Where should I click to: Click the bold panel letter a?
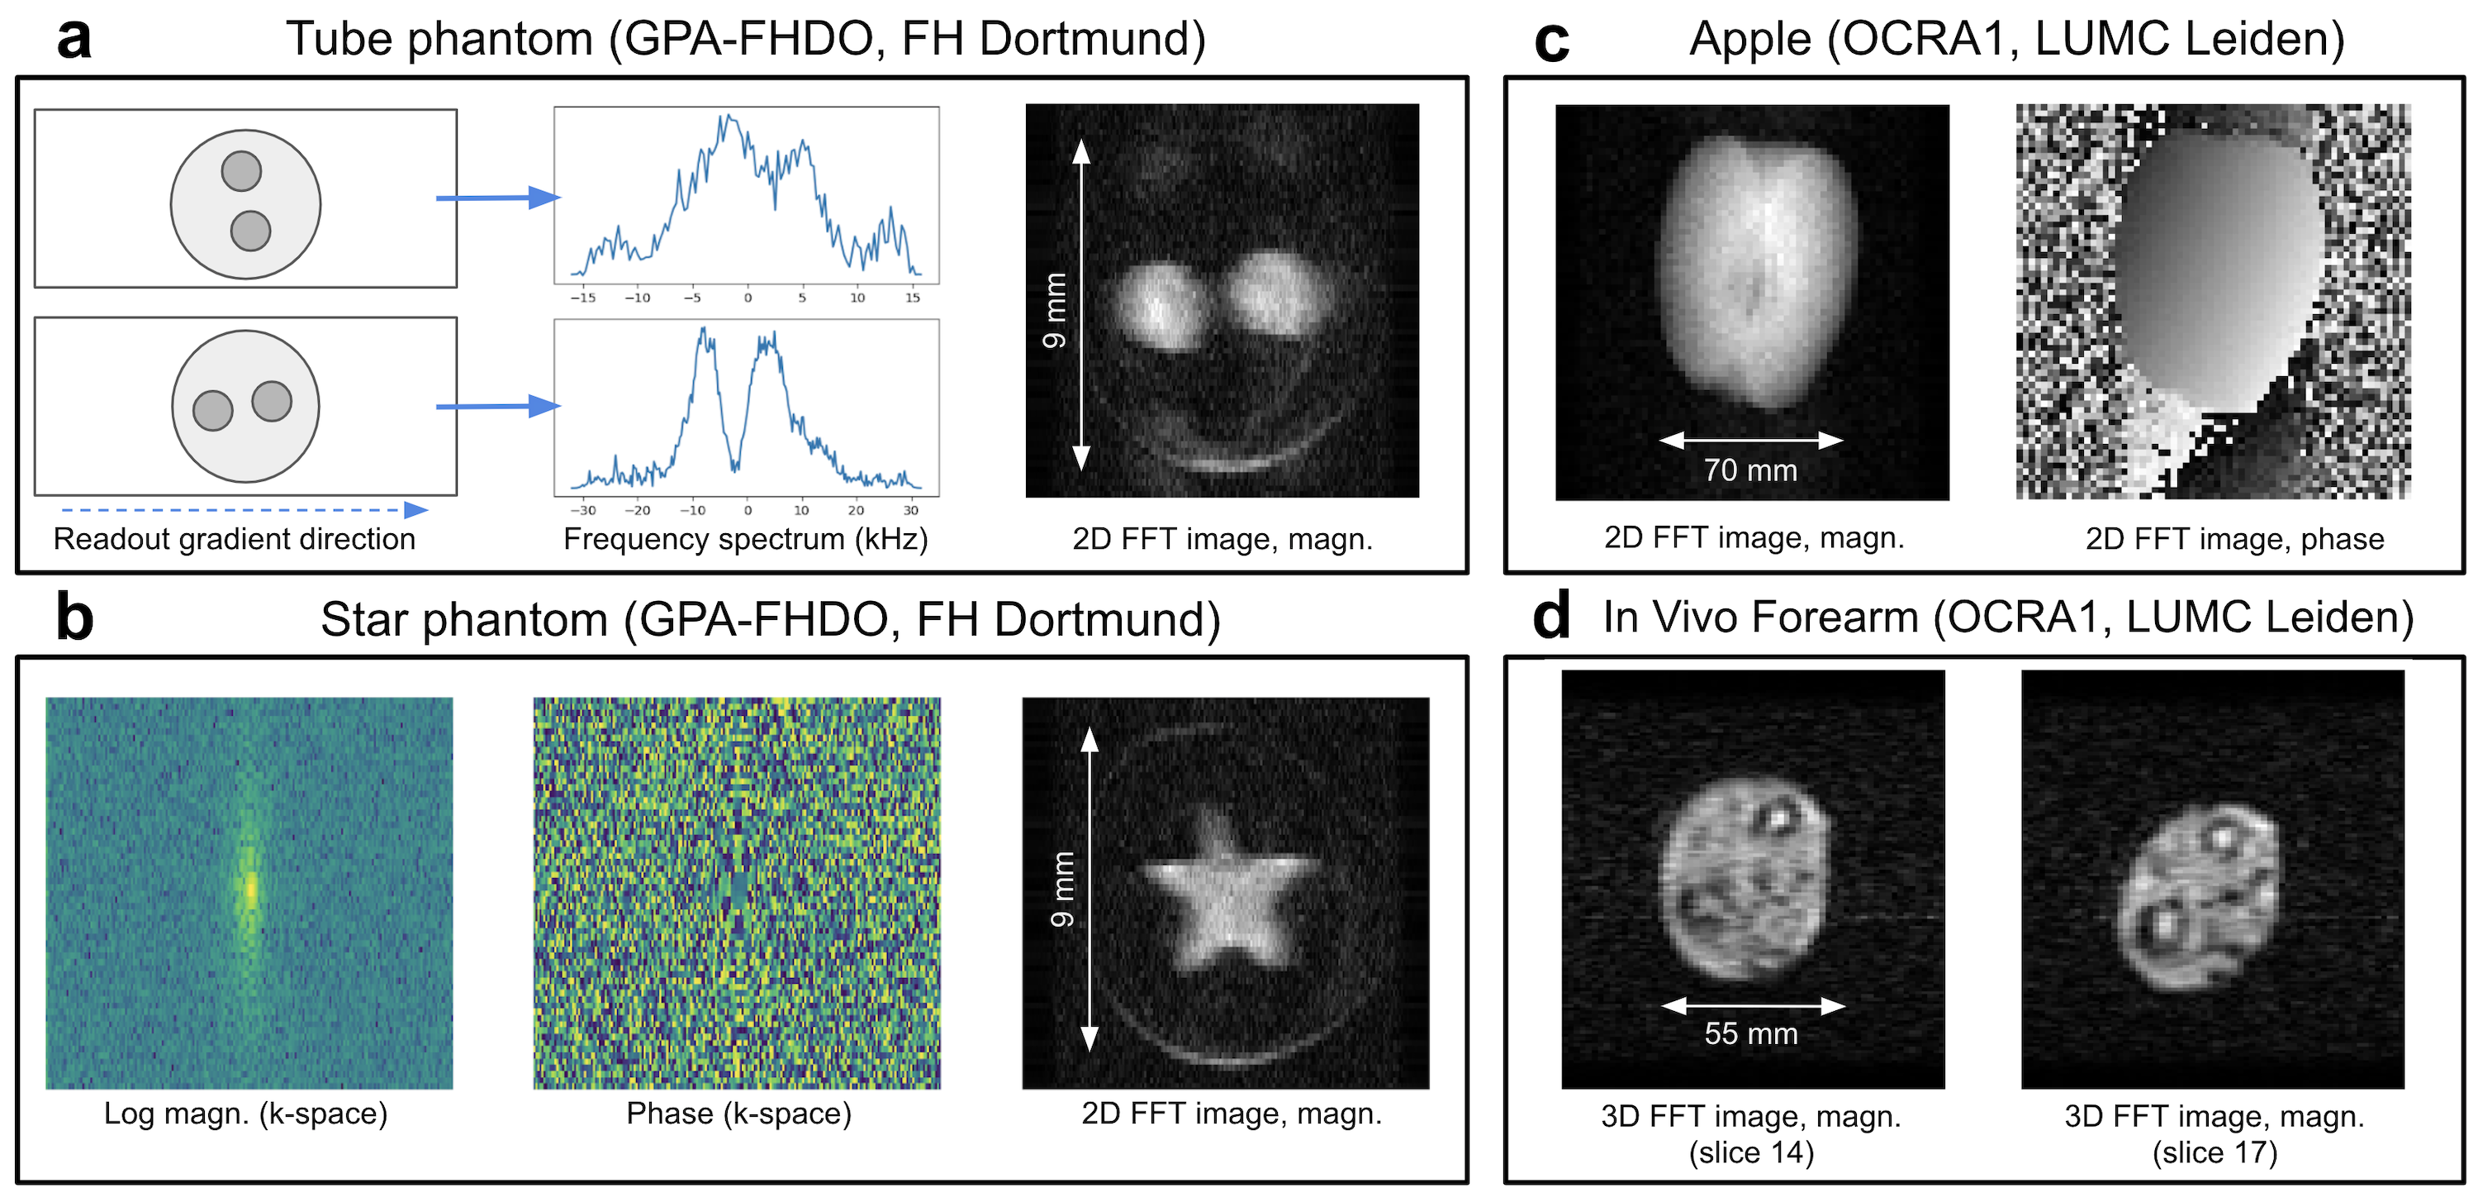[74, 41]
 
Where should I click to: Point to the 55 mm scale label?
[1751, 1033]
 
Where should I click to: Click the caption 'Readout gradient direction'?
[234, 539]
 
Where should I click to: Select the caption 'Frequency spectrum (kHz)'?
[746, 539]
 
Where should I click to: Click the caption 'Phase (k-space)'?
[738, 1114]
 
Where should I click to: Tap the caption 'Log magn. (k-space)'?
[245, 1114]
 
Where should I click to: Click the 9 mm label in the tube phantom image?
[1056, 310]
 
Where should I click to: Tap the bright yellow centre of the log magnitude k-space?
[250, 888]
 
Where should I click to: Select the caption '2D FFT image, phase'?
[2234, 539]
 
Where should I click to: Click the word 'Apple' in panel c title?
[1749, 41]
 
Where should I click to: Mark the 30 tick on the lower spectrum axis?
[910, 510]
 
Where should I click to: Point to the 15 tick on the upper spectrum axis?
[912, 298]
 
